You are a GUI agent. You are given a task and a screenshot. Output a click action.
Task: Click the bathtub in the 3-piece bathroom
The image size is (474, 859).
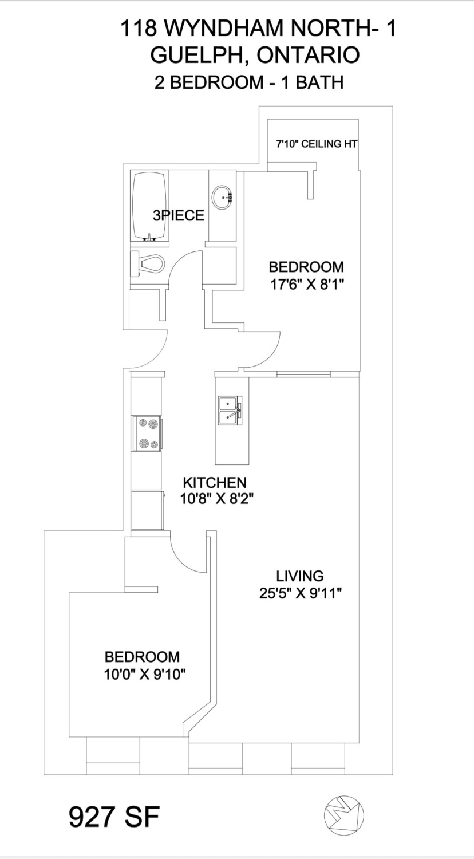point(149,206)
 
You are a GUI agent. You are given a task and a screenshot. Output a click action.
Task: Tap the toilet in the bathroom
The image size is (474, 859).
point(148,263)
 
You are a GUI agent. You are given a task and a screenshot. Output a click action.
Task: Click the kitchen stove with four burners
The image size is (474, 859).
point(148,434)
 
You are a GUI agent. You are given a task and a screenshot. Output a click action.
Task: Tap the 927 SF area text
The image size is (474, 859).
point(114,817)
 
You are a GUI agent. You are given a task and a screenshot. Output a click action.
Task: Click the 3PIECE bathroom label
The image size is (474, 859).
point(179,215)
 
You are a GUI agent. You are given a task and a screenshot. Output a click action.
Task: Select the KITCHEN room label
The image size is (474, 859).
point(215,482)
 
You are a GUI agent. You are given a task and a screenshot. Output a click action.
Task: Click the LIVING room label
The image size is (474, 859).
point(300,576)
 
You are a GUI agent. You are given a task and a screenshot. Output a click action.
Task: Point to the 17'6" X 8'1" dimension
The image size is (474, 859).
point(306,285)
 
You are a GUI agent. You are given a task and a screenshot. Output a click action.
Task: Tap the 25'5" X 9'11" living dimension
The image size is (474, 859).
point(301,594)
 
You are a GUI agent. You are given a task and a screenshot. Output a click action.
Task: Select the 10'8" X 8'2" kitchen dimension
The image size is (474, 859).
point(216,499)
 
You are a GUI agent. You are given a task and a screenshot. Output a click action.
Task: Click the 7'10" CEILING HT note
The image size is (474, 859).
point(317,144)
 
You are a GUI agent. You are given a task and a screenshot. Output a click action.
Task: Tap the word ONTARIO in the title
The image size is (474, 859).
point(309,55)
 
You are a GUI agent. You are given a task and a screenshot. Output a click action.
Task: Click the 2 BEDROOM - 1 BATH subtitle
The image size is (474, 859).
point(249,82)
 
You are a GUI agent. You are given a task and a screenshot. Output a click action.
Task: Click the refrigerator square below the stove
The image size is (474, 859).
point(147,510)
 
